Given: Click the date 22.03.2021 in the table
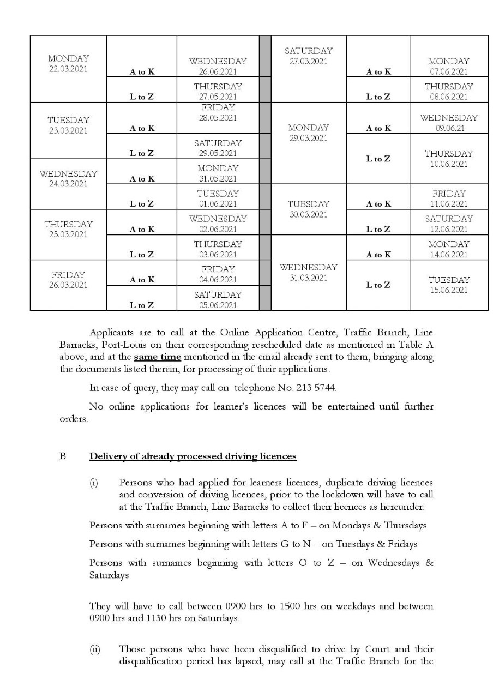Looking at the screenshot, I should click(x=68, y=69).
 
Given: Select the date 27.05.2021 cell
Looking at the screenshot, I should click(x=218, y=97).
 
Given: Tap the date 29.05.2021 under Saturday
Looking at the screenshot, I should click(x=218, y=153).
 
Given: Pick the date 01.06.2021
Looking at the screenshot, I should click(x=218, y=204).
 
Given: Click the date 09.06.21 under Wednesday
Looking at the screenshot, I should click(x=449, y=128).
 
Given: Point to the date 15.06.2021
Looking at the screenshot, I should click(x=449, y=290).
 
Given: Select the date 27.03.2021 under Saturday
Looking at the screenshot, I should click(x=309, y=62).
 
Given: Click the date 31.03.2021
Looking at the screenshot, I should click(x=309, y=278).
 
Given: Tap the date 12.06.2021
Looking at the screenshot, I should click(x=449, y=229).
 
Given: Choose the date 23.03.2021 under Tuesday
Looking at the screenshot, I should click(x=68, y=131).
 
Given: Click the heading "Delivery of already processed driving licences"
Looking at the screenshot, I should click(x=193, y=456).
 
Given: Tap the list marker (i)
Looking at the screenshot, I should click(x=94, y=483).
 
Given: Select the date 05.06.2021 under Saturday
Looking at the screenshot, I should click(x=218, y=305).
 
